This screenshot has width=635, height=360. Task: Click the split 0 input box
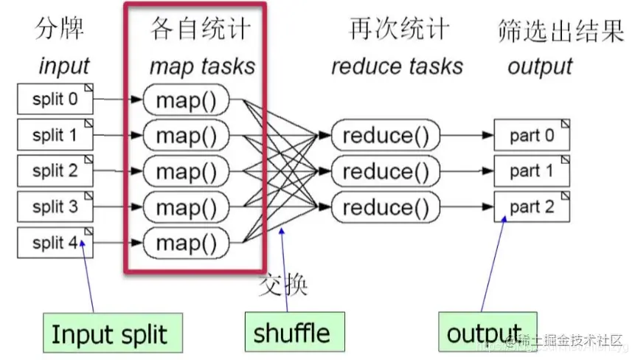point(55,100)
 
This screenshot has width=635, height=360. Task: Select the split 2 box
point(55,171)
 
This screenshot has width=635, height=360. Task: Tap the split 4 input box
point(55,243)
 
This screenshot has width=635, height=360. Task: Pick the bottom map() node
point(187,243)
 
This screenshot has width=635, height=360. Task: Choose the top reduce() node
point(386,136)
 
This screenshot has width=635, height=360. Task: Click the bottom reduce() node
point(386,207)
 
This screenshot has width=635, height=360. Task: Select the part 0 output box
point(532,136)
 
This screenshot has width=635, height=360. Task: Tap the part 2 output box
point(532,207)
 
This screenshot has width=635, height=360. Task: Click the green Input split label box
point(108,334)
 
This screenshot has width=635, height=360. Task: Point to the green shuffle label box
point(292,333)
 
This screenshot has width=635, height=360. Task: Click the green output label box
point(484,334)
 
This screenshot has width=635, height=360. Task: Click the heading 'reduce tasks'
point(397,66)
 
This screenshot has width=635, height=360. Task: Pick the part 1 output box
point(532,171)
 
